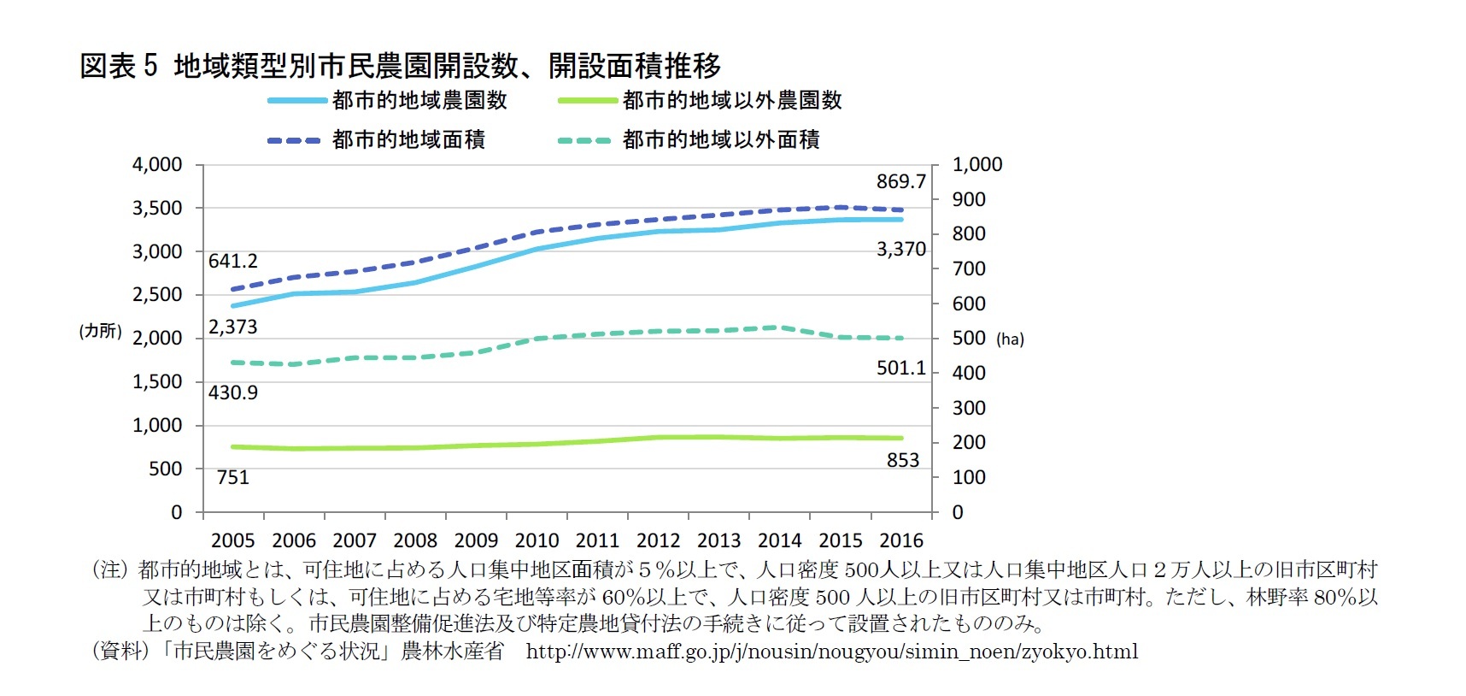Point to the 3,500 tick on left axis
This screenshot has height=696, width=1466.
(157, 209)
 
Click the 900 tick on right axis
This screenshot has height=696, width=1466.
(969, 199)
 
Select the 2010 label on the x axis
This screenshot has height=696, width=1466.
(537, 540)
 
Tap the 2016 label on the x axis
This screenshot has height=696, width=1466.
(901, 540)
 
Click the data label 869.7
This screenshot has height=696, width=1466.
(900, 181)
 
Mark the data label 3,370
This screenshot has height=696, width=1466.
(900, 250)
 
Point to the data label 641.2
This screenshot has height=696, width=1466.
(232, 261)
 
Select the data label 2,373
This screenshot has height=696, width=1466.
(232, 327)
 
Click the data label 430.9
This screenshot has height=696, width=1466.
(232, 392)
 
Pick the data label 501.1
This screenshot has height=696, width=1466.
(900, 368)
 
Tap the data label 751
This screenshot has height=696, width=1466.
(232, 477)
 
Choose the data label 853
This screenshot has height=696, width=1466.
(902, 460)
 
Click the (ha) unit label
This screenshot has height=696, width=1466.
(1010, 339)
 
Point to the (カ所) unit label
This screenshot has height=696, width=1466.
(101, 331)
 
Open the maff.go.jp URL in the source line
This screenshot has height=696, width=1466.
(831, 652)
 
